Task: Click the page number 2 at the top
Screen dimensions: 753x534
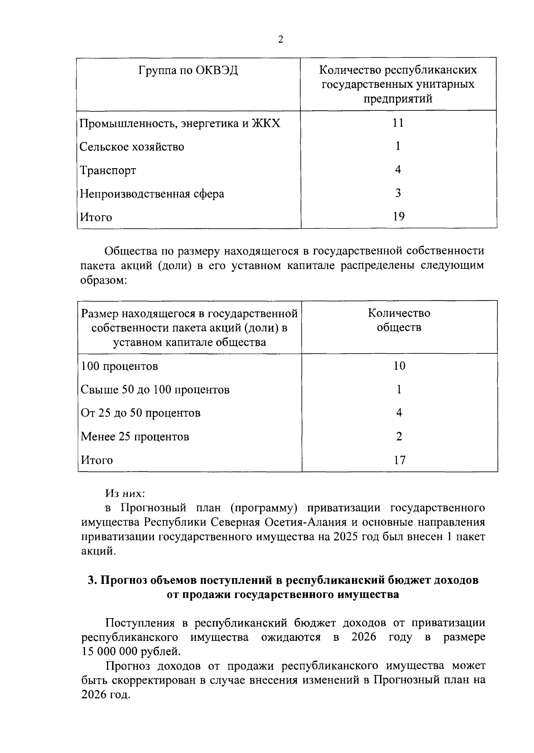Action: [280, 40]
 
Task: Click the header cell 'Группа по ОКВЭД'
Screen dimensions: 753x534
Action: [188, 71]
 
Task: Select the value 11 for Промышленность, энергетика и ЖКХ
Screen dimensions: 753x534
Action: [398, 123]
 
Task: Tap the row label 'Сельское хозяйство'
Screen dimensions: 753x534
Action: [132, 147]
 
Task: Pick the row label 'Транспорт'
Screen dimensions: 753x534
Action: [108, 170]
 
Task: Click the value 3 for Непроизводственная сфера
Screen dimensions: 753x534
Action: [398, 193]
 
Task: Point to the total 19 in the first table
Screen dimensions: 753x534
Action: [399, 217]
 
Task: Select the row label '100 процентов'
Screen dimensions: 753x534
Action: [119, 366]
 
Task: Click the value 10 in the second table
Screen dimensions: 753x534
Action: [399, 366]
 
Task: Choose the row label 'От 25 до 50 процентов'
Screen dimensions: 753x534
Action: [141, 413]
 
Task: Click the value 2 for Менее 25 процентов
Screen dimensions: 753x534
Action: [399, 436]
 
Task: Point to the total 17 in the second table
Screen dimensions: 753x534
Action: [400, 460]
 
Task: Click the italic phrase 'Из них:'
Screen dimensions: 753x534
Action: [125, 494]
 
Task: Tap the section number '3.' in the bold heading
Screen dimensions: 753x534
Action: [93, 580]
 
